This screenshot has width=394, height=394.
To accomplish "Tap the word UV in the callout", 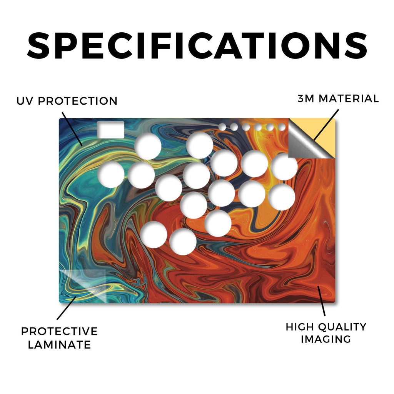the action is click(24, 101).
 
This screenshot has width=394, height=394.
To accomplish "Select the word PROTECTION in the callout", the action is click(78, 101).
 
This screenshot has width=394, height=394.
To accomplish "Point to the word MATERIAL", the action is click(349, 98).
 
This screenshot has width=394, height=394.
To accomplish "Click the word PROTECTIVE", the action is click(59, 331).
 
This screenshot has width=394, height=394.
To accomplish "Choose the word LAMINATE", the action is click(59, 344).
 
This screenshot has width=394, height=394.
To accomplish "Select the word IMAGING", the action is click(326, 339).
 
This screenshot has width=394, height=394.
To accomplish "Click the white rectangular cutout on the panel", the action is click(110, 130).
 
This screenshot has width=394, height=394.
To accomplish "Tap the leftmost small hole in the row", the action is click(222, 127).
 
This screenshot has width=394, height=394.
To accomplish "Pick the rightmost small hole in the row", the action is click(282, 127).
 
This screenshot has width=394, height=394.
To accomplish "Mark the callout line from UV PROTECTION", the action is click(72, 129).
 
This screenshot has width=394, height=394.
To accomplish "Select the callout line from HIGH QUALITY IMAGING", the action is click(321, 301).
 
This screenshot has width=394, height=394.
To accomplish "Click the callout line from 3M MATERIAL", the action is click(326, 125).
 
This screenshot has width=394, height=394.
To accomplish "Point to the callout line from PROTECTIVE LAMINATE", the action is click(66, 308).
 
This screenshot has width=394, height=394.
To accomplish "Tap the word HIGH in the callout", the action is click(297, 327).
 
